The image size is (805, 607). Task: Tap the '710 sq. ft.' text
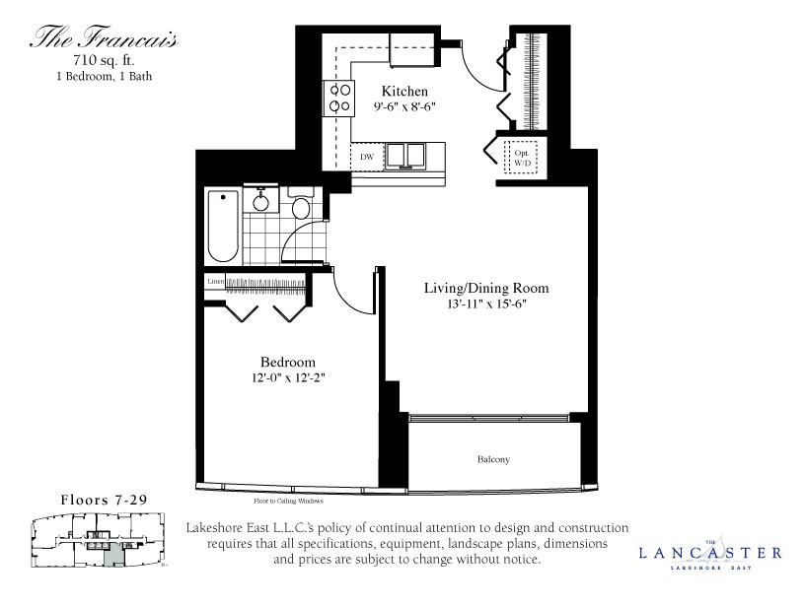tap(104, 61)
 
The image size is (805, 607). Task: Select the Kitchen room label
tap(404, 92)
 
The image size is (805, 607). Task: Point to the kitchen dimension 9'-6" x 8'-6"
tap(405, 107)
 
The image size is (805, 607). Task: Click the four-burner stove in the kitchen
tap(340, 99)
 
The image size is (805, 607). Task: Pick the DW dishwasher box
tap(366, 157)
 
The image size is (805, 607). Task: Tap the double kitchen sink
tap(403, 156)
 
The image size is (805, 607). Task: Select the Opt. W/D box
tap(521, 159)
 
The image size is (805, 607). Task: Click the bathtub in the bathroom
tap(223, 226)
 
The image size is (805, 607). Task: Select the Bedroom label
tap(288, 362)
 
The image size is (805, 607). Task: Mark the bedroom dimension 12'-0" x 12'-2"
tap(288, 377)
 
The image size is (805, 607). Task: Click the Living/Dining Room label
tap(485, 289)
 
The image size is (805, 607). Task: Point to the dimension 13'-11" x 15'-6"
tap(484, 305)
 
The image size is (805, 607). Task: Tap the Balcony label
tap(493, 459)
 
